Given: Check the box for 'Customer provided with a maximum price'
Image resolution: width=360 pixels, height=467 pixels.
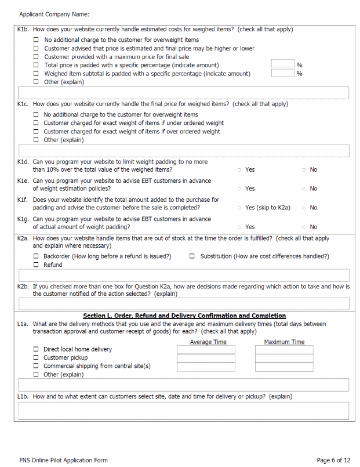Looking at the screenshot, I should pos(36,57).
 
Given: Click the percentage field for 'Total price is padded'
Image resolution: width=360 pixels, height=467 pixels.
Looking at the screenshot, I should pos(283,64).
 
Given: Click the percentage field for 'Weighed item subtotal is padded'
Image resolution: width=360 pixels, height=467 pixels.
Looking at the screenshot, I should pos(283,73).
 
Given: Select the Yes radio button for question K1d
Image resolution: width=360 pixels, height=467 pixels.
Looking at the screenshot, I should pos(239,170).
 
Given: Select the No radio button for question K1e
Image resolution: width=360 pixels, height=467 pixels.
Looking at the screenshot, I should pos(303,189).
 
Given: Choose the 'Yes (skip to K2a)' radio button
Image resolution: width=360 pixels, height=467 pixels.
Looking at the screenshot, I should pos(239,208).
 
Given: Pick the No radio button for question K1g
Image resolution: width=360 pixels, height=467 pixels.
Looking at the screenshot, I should pos(303,227).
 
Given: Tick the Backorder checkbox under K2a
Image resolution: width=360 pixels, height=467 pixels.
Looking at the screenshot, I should pos(36,256).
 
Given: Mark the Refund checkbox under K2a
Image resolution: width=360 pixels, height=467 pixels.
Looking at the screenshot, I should pos(36,265).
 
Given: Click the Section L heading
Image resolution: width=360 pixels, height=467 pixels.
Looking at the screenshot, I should pos(184,316).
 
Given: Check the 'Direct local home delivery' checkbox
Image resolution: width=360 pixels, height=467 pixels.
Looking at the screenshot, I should pos(36,349).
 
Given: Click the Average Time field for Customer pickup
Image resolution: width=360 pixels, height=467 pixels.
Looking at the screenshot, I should pos(206,359).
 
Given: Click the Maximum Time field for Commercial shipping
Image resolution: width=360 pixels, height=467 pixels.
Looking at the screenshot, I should pos(284,367).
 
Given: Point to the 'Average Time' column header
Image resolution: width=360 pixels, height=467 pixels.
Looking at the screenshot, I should pos(208,342).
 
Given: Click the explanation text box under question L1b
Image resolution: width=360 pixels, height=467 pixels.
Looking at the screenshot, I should pos(184,411).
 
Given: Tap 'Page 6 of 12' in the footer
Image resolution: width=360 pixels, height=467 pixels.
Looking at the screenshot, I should pos(333,460).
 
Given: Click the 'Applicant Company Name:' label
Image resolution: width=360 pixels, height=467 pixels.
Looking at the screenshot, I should pos(54,14).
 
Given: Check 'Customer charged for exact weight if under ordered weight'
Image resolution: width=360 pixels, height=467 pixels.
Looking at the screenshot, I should pos(36,123).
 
